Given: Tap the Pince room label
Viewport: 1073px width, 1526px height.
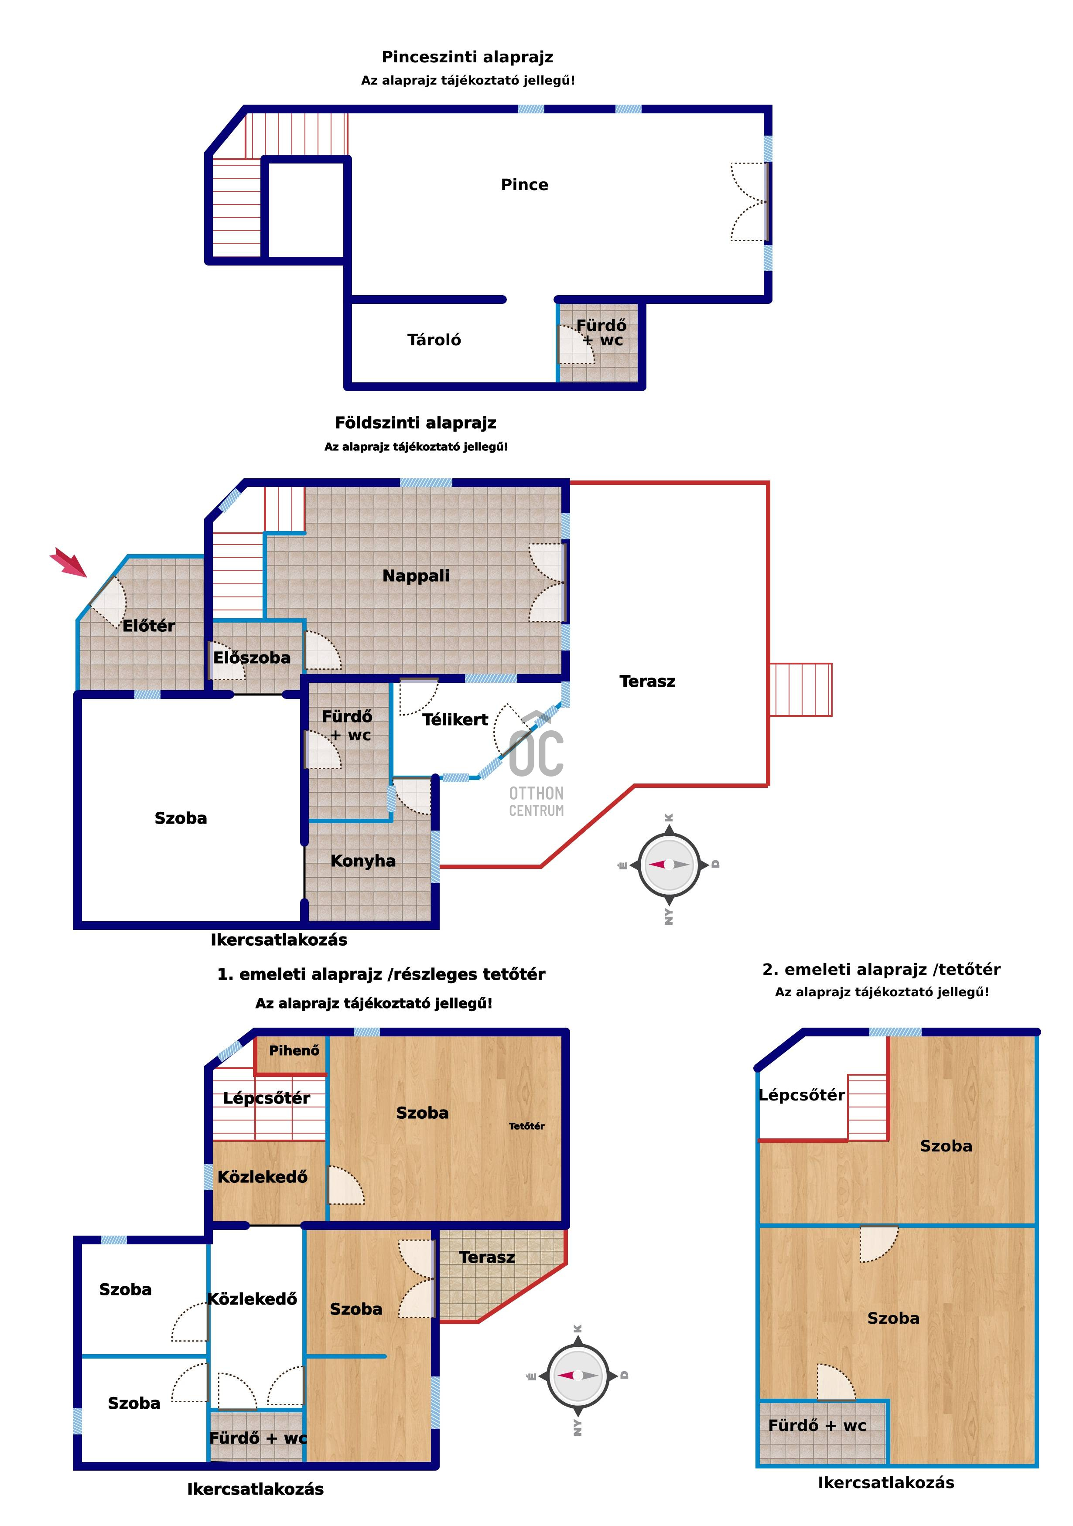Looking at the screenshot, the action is click(525, 185).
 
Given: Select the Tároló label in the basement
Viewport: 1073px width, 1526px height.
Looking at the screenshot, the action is click(434, 340).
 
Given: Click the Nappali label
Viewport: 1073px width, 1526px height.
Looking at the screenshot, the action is click(416, 576).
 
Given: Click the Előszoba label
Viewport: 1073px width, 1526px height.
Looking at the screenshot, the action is click(252, 657).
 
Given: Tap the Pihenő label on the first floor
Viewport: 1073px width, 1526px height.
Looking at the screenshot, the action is click(294, 1051).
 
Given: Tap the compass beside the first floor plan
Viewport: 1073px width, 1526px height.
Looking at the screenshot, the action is click(578, 1375).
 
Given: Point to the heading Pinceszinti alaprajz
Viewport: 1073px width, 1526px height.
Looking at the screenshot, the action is click(467, 57).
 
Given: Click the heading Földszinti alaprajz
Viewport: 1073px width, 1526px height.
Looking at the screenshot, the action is click(416, 423).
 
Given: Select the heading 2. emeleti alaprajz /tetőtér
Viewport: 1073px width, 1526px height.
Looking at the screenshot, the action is click(882, 970).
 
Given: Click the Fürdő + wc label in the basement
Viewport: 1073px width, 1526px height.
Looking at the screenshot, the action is click(601, 332).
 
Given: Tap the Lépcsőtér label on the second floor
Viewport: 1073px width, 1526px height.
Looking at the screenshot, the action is click(802, 1095).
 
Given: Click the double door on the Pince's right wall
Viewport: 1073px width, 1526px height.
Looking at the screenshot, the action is click(750, 202).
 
